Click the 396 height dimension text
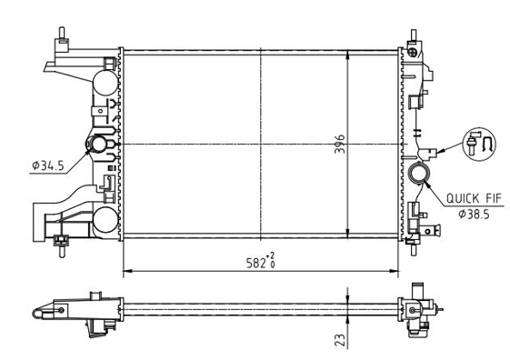point(340,144)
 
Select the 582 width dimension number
point(256,263)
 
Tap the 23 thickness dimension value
point(340,339)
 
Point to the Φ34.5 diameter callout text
point(48,165)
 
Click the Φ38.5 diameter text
point(474,215)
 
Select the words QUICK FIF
point(474,198)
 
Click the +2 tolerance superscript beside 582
point(270,255)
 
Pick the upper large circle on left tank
point(105,83)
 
